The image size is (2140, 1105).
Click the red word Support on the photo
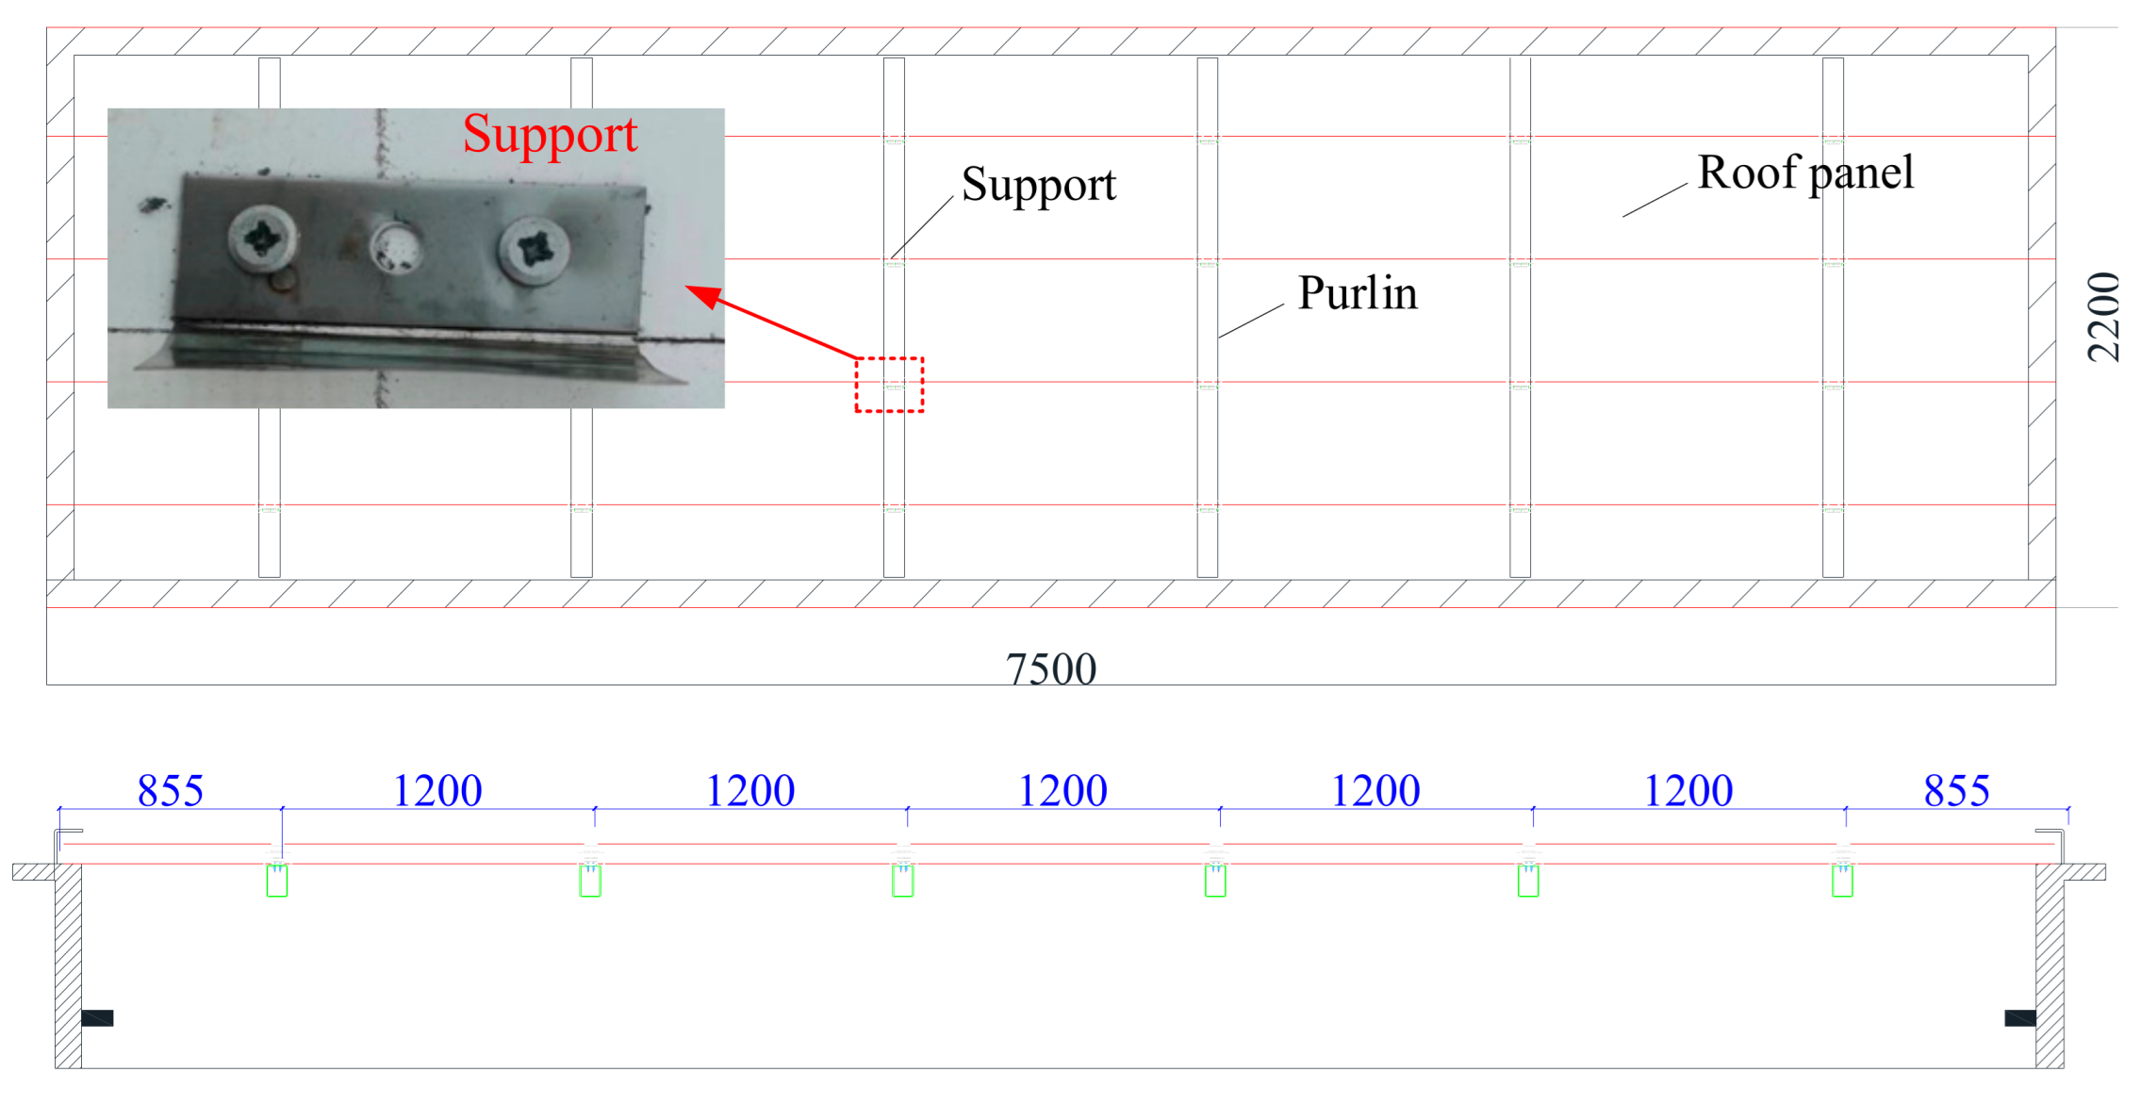click(x=550, y=134)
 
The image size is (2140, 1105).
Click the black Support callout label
click(x=1038, y=185)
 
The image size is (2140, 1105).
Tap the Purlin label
click(x=1357, y=293)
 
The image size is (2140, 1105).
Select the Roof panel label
click(x=1804, y=173)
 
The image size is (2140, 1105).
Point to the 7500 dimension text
click(x=1050, y=668)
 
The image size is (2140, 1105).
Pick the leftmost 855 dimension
click(x=170, y=790)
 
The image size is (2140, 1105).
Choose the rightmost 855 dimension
click(x=1956, y=790)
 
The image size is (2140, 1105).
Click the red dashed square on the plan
click(x=889, y=385)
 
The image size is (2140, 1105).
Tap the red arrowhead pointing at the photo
click(x=702, y=295)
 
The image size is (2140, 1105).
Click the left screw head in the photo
click(x=261, y=237)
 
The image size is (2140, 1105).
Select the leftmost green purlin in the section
click(x=276, y=881)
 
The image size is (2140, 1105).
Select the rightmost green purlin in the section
click(x=1841, y=881)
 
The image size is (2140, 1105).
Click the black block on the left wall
click(x=97, y=1017)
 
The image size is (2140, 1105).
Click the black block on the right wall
click(x=2019, y=1017)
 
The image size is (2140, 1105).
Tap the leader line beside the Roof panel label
click(x=1654, y=200)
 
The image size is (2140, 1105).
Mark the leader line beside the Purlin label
click(x=1251, y=321)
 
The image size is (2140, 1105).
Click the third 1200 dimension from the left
click(x=1062, y=790)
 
